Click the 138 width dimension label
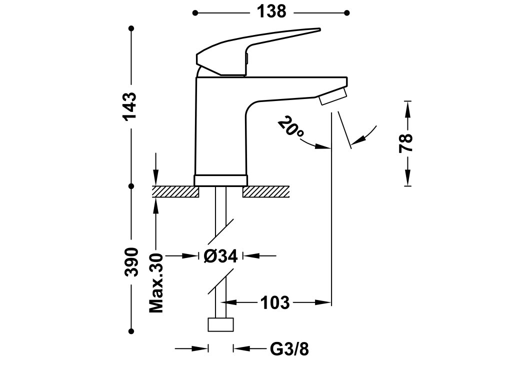tap(271, 11)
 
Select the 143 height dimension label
tap(131, 106)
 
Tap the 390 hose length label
tap(131, 261)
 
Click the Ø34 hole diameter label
tap(220, 256)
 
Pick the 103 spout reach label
tap(274, 302)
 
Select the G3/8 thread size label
tap(290, 349)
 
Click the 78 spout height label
tap(408, 143)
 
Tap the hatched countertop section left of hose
tap(175, 192)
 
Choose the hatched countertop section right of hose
tap(266, 192)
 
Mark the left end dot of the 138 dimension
tap(195, 12)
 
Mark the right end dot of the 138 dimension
tap(347, 12)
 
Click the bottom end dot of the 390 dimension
tap(131, 330)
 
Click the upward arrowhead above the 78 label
tap(408, 108)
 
